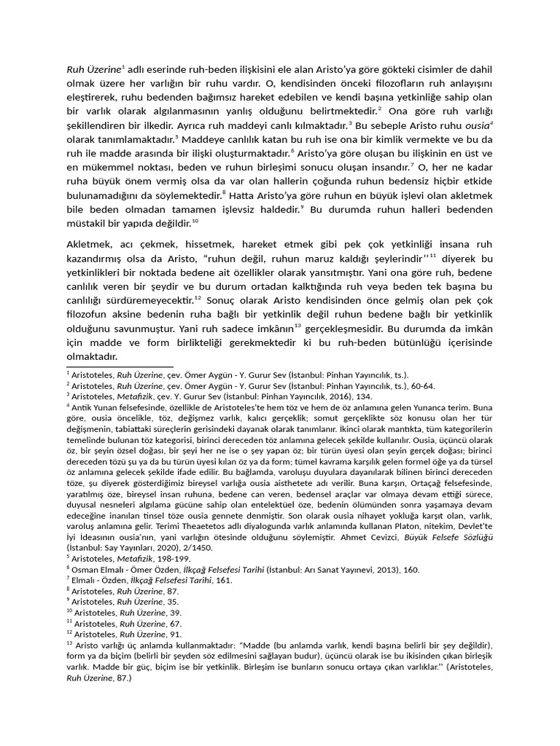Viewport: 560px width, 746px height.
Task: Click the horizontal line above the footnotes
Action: tap(120, 367)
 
